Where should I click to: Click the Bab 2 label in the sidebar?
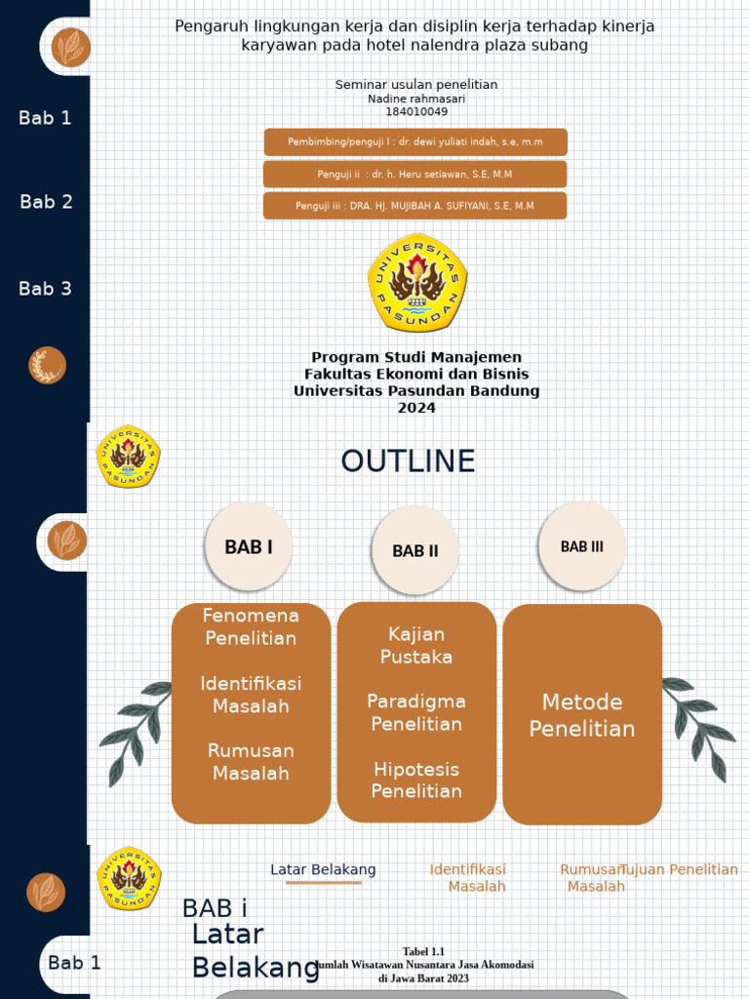[x=46, y=202]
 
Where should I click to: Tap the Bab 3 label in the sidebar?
[x=45, y=289]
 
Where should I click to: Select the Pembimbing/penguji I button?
[x=414, y=142]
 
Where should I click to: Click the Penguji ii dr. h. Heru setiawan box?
[x=414, y=175]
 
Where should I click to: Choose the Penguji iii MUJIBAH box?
[x=414, y=206]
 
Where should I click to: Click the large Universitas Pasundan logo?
[x=417, y=283]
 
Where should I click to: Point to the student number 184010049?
[x=416, y=111]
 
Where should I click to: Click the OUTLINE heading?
[x=408, y=461]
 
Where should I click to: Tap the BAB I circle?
[x=249, y=547]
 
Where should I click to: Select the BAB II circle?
[x=415, y=551]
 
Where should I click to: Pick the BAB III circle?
[x=582, y=546]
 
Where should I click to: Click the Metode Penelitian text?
[x=582, y=715]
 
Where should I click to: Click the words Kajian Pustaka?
[x=416, y=646]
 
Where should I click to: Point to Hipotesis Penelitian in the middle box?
[x=416, y=780]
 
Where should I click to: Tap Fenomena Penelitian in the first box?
[x=251, y=627]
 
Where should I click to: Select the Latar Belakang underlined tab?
[x=323, y=870]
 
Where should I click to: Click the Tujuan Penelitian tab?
[x=680, y=869]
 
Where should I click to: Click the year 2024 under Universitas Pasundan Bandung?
[x=416, y=408]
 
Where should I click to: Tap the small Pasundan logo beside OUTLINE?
[x=128, y=457]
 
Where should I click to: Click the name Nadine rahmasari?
[x=416, y=99]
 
